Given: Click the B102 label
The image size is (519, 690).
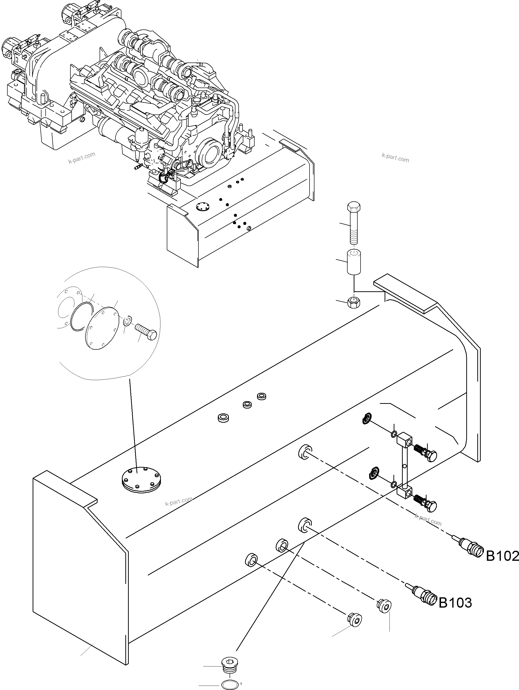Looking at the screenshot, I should (502, 556).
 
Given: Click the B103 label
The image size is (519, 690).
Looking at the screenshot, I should (455, 603).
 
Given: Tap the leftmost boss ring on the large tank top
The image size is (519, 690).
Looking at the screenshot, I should (223, 418).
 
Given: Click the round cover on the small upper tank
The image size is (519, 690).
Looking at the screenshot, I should (203, 206).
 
